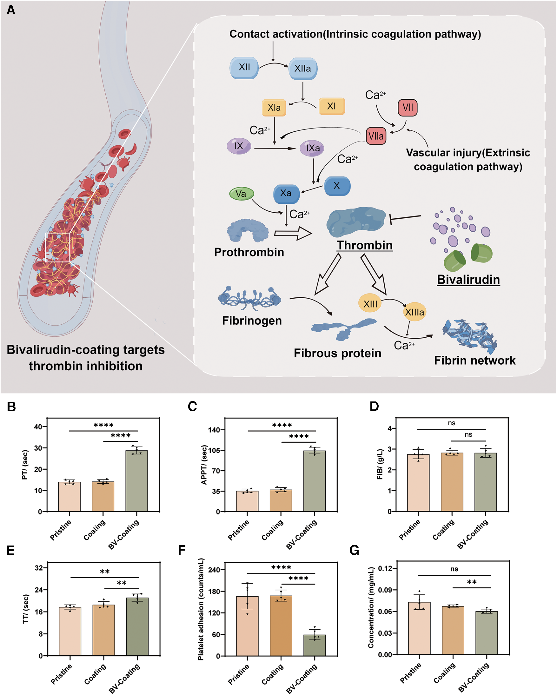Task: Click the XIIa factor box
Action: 303,68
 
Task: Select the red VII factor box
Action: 408,107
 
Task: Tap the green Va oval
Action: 242,194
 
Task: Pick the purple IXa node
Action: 312,148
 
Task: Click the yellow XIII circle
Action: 370,303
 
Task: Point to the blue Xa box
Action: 286,193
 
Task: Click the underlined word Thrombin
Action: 365,245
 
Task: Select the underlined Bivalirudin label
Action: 468,280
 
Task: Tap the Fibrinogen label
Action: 252,321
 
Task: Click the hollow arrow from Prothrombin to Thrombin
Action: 293,233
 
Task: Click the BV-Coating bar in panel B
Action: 137,481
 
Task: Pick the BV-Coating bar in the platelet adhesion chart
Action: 315,645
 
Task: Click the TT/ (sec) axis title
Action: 25,609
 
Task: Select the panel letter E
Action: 11,551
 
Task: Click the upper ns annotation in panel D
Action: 451,423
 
